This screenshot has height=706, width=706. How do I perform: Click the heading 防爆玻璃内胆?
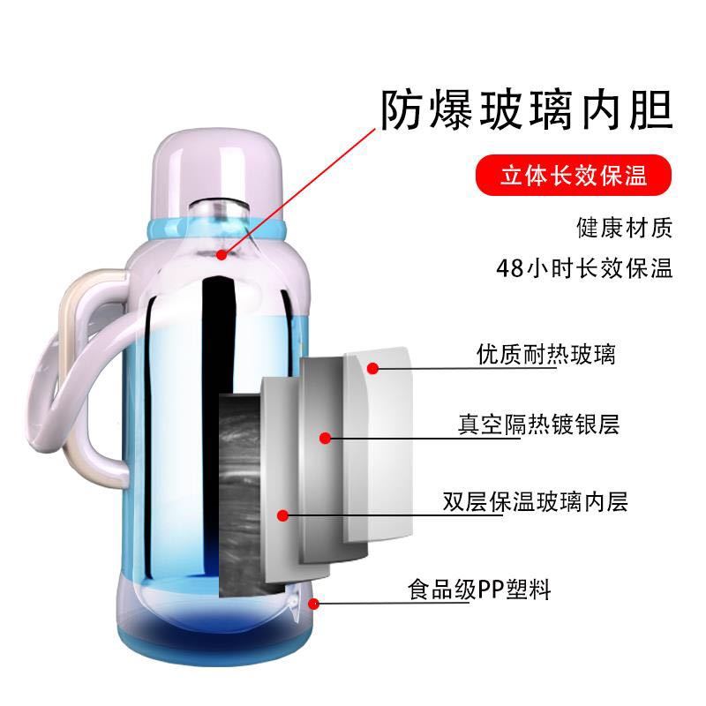[527, 110]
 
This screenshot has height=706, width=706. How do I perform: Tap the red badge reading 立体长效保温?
[574, 175]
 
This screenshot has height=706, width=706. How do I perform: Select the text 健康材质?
[625, 227]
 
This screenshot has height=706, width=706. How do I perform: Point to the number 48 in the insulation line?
[511, 268]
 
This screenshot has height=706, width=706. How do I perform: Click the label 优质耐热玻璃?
[545, 355]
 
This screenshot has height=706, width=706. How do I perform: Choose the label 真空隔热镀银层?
[538, 424]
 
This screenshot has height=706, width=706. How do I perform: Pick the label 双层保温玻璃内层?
[535, 502]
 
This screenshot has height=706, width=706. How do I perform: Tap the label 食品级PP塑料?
[479, 589]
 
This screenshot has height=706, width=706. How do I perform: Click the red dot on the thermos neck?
[222, 255]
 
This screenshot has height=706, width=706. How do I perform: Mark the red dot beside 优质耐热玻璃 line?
[372, 368]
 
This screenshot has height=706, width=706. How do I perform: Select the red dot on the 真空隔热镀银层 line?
[325, 438]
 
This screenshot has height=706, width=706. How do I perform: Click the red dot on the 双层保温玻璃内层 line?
[282, 515]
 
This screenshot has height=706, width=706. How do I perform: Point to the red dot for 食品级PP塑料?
[314, 604]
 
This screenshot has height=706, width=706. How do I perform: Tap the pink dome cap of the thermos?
[218, 171]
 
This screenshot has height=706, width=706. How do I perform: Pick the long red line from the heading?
[298, 192]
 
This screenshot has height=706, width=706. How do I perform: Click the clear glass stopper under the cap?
[219, 212]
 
